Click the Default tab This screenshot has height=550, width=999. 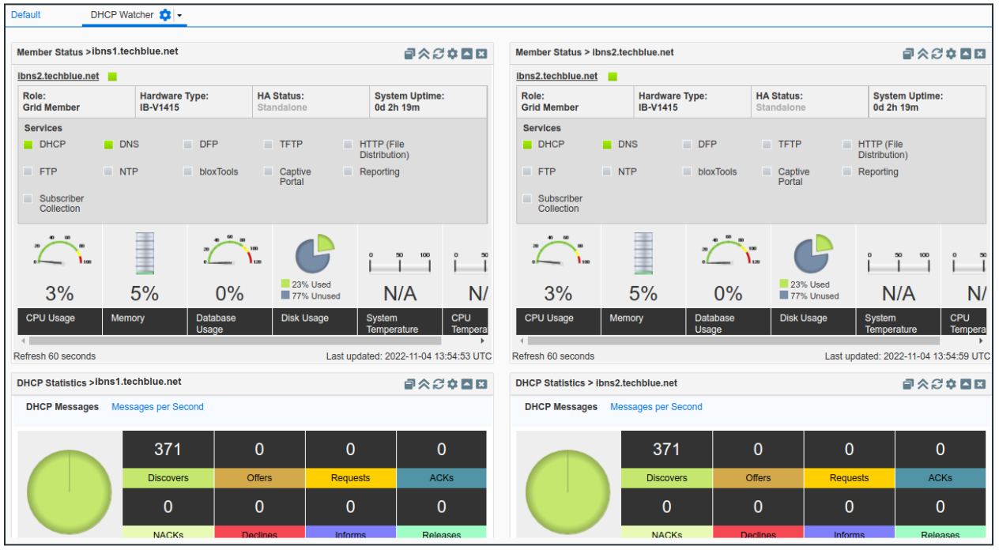pyautogui.click(x=25, y=15)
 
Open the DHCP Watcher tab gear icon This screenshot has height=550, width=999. pyautogui.click(x=164, y=15)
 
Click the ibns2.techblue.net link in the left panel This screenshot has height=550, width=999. pyautogui.click(x=58, y=77)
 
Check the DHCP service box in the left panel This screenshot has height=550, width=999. pyautogui.click(x=28, y=145)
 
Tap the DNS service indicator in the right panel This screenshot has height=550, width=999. pyautogui.click(x=607, y=145)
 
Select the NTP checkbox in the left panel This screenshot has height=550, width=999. pyautogui.click(x=107, y=171)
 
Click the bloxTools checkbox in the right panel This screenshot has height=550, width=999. pyautogui.click(x=688, y=171)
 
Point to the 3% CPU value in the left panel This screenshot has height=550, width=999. pyautogui.click(x=59, y=294)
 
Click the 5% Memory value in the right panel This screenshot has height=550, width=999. pyautogui.click(x=643, y=294)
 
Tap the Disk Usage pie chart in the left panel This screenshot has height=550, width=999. pyautogui.click(x=314, y=254)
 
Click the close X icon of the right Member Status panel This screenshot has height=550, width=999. pyautogui.click(x=980, y=54)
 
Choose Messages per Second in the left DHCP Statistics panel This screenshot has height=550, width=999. pyautogui.click(x=157, y=407)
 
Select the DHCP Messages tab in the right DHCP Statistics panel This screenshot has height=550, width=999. pyautogui.click(x=561, y=407)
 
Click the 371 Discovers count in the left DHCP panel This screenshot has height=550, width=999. pyautogui.click(x=168, y=450)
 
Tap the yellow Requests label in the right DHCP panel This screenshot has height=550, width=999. pyautogui.click(x=849, y=478)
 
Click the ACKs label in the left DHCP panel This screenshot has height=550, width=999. pyautogui.click(x=441, y=478)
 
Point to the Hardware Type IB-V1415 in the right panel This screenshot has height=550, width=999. pyautogui.click(x=658, y=107)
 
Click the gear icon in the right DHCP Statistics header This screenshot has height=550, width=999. pyautogui.click(x=951, y=384)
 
